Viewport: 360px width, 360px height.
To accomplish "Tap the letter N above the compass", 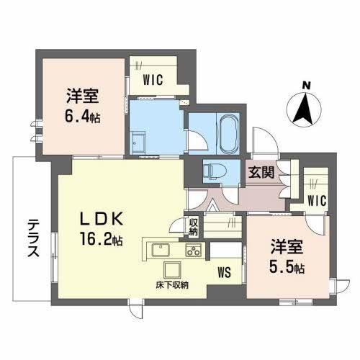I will [306, 86].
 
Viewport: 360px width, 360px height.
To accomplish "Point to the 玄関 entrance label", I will [260, 172].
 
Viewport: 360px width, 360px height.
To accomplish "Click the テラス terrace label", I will [33, 233].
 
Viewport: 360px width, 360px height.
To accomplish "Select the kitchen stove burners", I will [194, 251].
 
